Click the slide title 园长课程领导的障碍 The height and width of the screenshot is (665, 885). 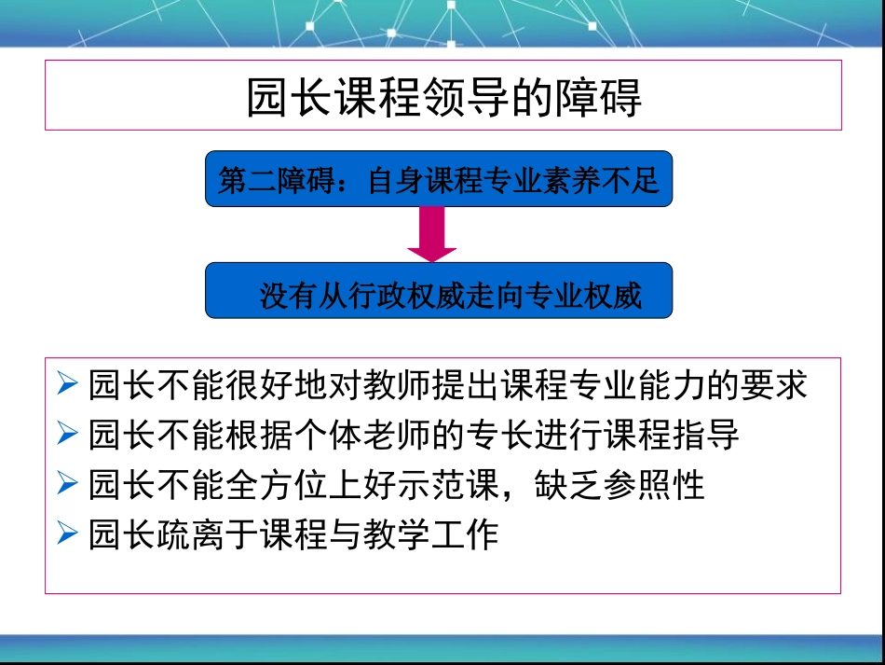[443, 97]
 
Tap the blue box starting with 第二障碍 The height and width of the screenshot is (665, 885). [439, 179]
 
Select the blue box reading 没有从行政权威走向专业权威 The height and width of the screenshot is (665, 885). [439, 291]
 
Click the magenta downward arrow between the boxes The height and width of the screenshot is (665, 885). [432, 234]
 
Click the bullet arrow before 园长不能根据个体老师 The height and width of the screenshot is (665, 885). [66, 434]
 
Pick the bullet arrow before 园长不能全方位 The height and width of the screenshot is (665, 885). [66, 484]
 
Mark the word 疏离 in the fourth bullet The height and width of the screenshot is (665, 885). [174, 534]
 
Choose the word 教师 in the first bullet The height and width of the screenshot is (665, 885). [397, 384]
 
